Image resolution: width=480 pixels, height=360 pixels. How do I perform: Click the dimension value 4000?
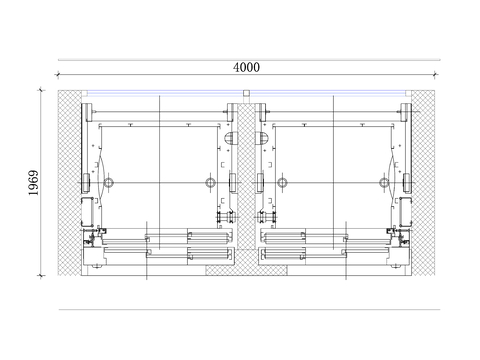pyautogui.click(x=246, y=67)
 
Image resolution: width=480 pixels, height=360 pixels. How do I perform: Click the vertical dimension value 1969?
pyautogui.click(x=33, y=183)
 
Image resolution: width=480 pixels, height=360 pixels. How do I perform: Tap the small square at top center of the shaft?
pyautogui.click(x=246, y=93)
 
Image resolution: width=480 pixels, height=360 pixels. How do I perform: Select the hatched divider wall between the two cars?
pyautogui.click(x=246, y=177)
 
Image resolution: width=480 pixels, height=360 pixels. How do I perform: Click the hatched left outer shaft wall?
pyautogui.click(x=69, y=183)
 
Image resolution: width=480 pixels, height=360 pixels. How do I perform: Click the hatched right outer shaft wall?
pyautogui.click(x=423, y=183)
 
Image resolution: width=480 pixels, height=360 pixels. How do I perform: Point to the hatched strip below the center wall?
pyautogui.click(x=246, y=270)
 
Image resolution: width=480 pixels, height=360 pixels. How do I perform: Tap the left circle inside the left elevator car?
pyautogui.click(x=108, y=182)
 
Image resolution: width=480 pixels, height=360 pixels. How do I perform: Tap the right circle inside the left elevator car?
pyautogui.click(x=210, y=182)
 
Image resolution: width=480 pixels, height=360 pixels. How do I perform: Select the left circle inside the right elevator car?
pyautogui.click(x=282, y=182)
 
